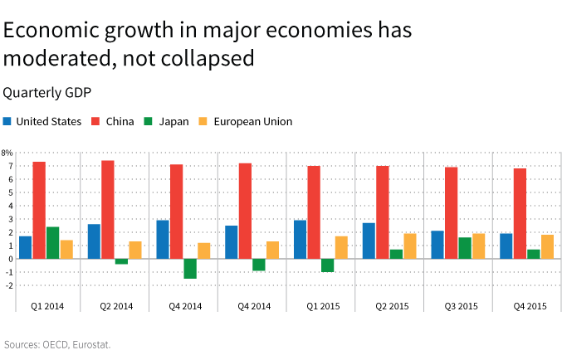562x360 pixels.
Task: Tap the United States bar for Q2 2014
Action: tap(94, 241)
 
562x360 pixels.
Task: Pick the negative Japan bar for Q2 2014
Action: tap(121, 261)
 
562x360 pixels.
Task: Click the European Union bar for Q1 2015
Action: tap(341, 247)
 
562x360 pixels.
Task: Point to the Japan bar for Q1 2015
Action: tap(327, 265)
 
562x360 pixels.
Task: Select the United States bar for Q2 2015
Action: tap(369, 241)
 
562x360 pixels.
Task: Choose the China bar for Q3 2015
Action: tap(451, 212)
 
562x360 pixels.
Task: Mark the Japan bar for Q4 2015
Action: tap(533, 254)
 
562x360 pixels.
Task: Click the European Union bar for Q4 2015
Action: tap(547, 246)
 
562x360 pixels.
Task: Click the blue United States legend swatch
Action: tap(7, 121)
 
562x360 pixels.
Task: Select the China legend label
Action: tap(120, 121)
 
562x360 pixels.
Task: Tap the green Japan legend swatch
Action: tap(149, 121)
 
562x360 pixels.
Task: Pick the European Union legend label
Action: tap(252, 121)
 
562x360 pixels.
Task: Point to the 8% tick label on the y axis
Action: tap(7, 153)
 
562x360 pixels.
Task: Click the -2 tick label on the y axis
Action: tap(8, 285)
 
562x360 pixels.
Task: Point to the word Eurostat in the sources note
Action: tap(90, 343)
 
